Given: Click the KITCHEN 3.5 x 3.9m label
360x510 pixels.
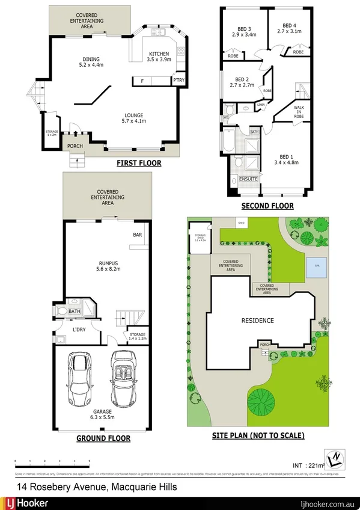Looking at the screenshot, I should (x=160, y=57).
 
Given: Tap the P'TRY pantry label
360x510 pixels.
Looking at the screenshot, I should (x=178, y=80).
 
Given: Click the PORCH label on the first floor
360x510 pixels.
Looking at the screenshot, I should (x=75, y=146).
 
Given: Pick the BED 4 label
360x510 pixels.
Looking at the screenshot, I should (x=289, y=28).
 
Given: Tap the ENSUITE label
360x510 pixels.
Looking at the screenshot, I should (x=248, y=179).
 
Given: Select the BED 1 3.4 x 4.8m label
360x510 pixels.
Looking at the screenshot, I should (x=287, y=159).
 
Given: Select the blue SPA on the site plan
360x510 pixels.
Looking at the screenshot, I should (x=317, y=265).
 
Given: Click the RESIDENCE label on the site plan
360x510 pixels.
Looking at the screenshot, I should (x=258, y=321).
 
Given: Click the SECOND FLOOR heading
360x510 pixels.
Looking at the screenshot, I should (x=267, y=206).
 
